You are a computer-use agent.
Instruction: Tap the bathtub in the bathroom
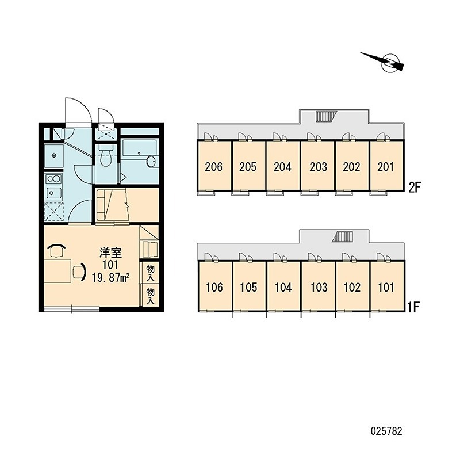(x=139, y=153)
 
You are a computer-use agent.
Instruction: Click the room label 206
(x=214, y=167)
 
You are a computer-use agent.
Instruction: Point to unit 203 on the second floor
(x=318, y=166)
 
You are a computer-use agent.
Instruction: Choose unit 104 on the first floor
(x=283, y=286)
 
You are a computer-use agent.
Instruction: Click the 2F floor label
(x=415, y=187)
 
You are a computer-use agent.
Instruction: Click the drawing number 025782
(x=386, y=431)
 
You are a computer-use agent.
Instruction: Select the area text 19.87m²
(x=111, y=277)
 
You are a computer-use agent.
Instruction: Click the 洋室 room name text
(x=110, y=253)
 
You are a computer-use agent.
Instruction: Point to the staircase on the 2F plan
(x=325, y=116)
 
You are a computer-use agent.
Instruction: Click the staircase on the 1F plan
(x=342, y=236)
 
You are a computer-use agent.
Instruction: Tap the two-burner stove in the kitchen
(x=53, y=178)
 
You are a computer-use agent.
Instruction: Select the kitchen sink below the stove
(x=53, y=193)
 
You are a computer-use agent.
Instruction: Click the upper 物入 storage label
(x=151, y=273)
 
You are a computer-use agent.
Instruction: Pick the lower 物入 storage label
(x=151, y=296)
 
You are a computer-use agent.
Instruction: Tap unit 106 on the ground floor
(x=214, y=286)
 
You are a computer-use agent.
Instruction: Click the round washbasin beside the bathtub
(x=151, y=162)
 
